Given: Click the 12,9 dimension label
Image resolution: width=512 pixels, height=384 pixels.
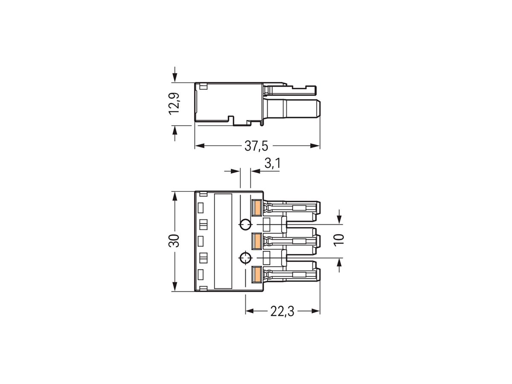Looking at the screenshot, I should click(x=174, y=104).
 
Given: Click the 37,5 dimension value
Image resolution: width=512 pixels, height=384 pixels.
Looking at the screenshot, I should click(x=256, y=146).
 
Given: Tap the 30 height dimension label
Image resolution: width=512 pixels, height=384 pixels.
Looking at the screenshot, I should click(x=174, y=241).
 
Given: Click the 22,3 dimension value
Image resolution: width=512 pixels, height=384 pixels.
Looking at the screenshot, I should click(x=282, y=312).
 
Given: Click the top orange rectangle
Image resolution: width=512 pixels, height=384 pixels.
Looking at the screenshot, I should click(x=256, y=208).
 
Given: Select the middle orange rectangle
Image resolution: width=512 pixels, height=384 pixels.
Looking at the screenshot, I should click(x=256, y=241).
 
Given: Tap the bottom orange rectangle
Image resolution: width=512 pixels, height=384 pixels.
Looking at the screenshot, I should click(x=256, y=274).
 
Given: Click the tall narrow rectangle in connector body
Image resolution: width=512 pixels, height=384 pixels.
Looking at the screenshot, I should click(x=223, y=241).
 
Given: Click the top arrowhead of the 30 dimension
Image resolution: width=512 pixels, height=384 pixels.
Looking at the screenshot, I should click(x=174, y=196).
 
